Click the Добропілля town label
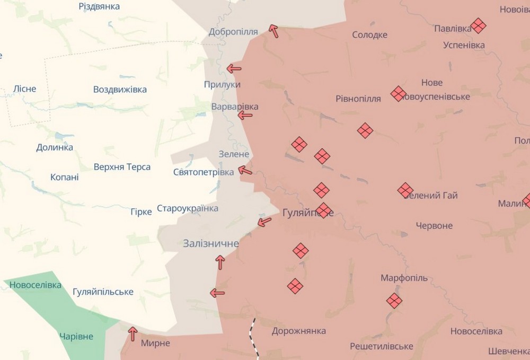[233, 32]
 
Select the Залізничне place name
[211, 244]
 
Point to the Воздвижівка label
[120, 89]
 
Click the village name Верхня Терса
[122, 167]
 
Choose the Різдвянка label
[99, 6]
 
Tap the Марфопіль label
[404, 278]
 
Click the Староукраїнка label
[188, 208]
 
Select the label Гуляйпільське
[103, 292]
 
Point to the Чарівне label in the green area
[76, 337]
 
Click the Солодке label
[369, 35]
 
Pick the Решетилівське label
[382, 346]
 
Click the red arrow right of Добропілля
[274, 31]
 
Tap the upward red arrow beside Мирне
[132, 333]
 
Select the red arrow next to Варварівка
[245, 115]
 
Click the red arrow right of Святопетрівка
[245, 170]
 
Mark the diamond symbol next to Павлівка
[478, 25]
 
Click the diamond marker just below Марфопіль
[394, 301]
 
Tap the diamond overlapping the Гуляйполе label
[324, 210]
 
